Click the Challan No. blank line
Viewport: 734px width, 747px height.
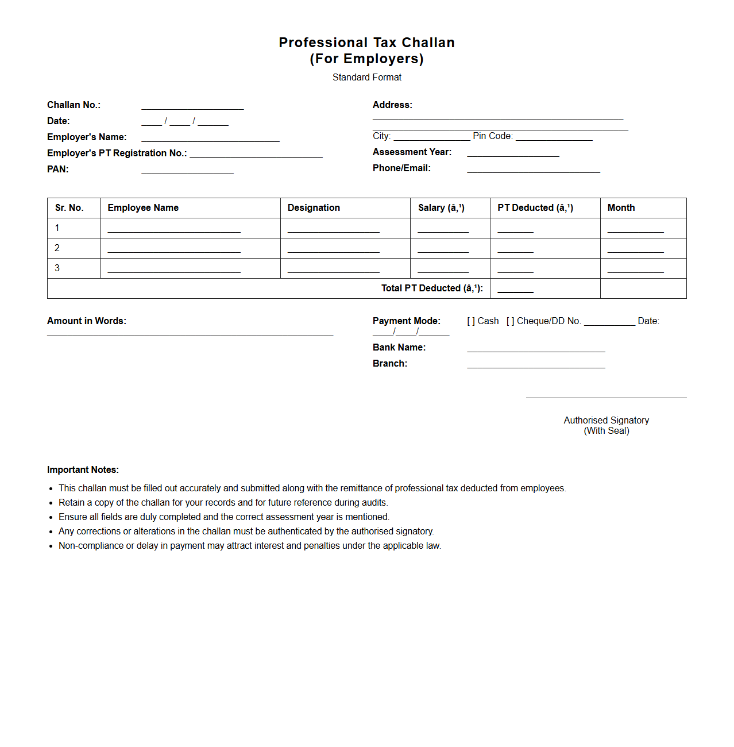point(192,106)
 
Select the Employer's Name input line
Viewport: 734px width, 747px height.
point(210,138)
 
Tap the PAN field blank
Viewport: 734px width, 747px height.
point(187,171)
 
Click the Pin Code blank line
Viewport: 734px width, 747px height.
point(554,137)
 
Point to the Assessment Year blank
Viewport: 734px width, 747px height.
point(513,153)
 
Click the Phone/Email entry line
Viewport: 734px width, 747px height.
point(533,170)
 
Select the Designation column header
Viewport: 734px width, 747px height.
point(314,208)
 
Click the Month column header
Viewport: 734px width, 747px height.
point(621,208)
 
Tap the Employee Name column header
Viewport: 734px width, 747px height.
point(143,208)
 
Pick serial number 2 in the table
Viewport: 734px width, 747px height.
point(57,248)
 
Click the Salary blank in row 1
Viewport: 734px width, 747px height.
point(443,230)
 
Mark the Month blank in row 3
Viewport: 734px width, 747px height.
point(635,270)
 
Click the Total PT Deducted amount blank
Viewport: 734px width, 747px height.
point(515,290)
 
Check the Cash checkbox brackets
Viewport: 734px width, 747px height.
point(471,321)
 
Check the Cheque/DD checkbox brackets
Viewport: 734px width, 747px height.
point(510,321)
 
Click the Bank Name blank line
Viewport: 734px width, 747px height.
point(536,349)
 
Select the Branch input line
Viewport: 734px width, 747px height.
point(536,365)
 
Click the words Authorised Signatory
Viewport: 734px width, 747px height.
point(606,421)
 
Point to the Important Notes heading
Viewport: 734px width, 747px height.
point(83,470)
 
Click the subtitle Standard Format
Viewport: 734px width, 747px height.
point(367,78)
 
